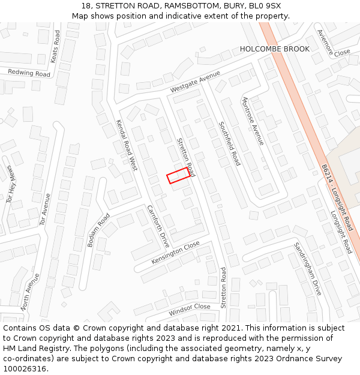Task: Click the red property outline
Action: click(178, 176)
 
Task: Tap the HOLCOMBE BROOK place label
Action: click(275, 49)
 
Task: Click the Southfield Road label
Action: click(229, 144)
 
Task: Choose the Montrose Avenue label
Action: click(253, 121)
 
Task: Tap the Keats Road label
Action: click(55, 47)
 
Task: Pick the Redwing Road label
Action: click(29, 73)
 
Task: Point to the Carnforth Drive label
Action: click(158, 226)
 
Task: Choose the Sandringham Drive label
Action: click(308, 268)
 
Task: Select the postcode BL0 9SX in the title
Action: click(263, 6)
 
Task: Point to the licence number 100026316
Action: click(25, 369)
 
